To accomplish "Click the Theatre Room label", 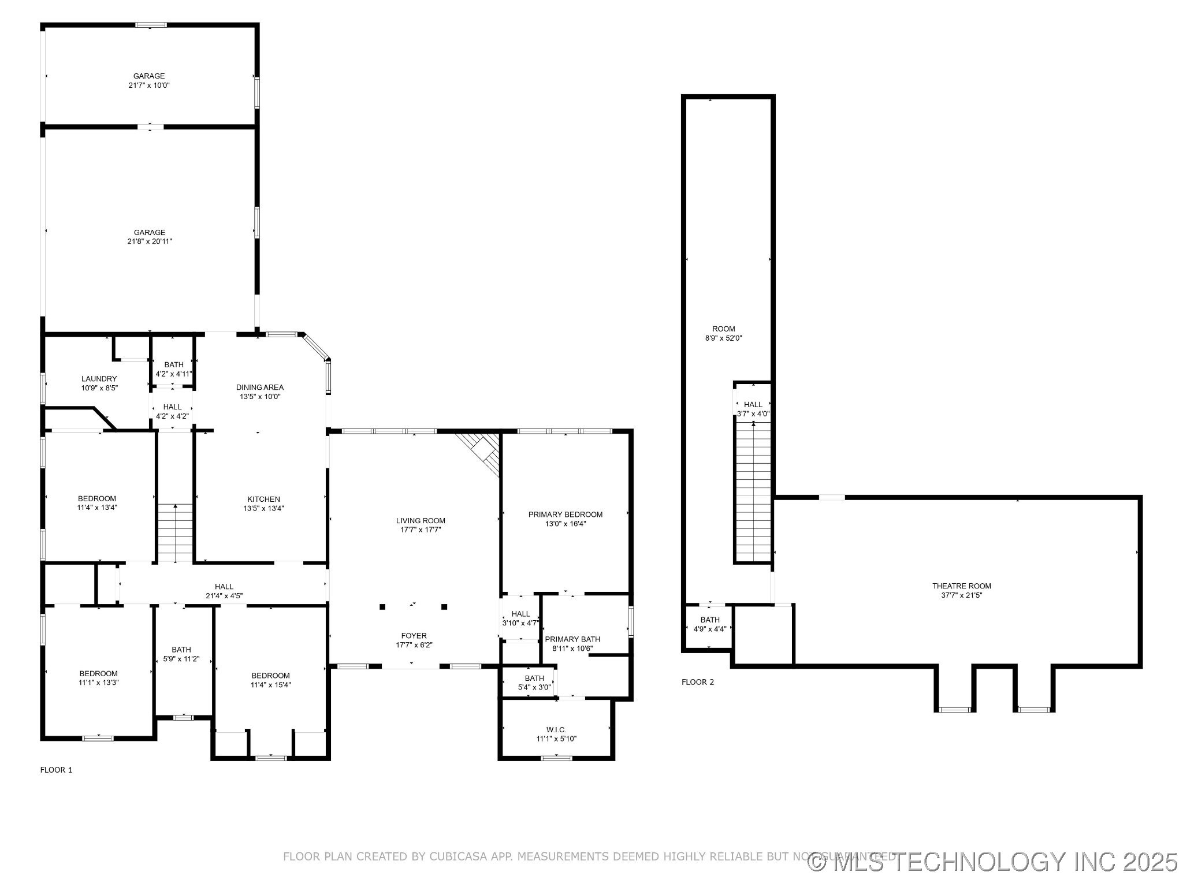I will click(x=962, y=586).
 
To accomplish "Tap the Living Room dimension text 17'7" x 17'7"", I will click(x=421, y=530).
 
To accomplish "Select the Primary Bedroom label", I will click(x=565, y=515).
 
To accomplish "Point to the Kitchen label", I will click(x=263, y=499).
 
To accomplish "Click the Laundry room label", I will click(x=99, y=379).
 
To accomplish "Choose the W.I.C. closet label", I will click(x=556, y=730).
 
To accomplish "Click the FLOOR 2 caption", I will click(x=697, y=682).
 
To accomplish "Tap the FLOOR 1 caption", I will click(x=56, y=770).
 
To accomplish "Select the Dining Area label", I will click(x=260, y=387).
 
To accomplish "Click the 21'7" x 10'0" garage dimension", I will click(x=149, y=85).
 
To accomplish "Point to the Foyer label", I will click(x=414, y=636).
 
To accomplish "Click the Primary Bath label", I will click(x=572, y=639).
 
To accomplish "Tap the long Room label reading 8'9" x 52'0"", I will click(x=723, y=329).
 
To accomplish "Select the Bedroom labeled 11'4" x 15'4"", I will click(x=270, y=676).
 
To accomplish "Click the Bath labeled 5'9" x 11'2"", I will click(x=181, y=650).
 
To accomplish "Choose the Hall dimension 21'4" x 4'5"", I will click(x=224, y=596).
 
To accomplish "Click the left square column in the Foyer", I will click(x=382, y=606).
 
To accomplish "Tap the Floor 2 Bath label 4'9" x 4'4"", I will click(x=710, y=620).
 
